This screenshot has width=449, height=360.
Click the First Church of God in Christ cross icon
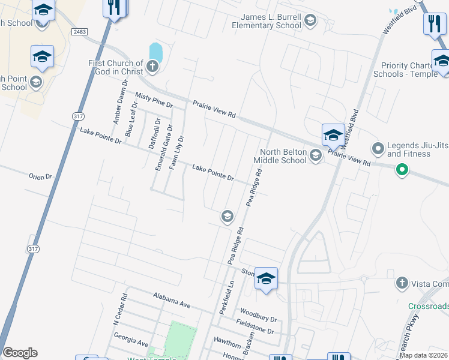click(152, 66)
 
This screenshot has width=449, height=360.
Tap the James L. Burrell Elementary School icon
click(310, 22)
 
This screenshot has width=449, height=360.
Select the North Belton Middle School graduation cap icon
click(316, 157)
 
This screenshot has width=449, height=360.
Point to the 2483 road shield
click(80, 31)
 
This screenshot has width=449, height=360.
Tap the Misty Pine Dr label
click(154, 100)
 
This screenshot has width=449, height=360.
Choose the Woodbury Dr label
click(258, 315)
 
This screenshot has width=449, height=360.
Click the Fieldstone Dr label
click(255, 326)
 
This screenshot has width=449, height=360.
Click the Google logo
click(20, 353)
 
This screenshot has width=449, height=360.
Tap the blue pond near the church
click(155, 52)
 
